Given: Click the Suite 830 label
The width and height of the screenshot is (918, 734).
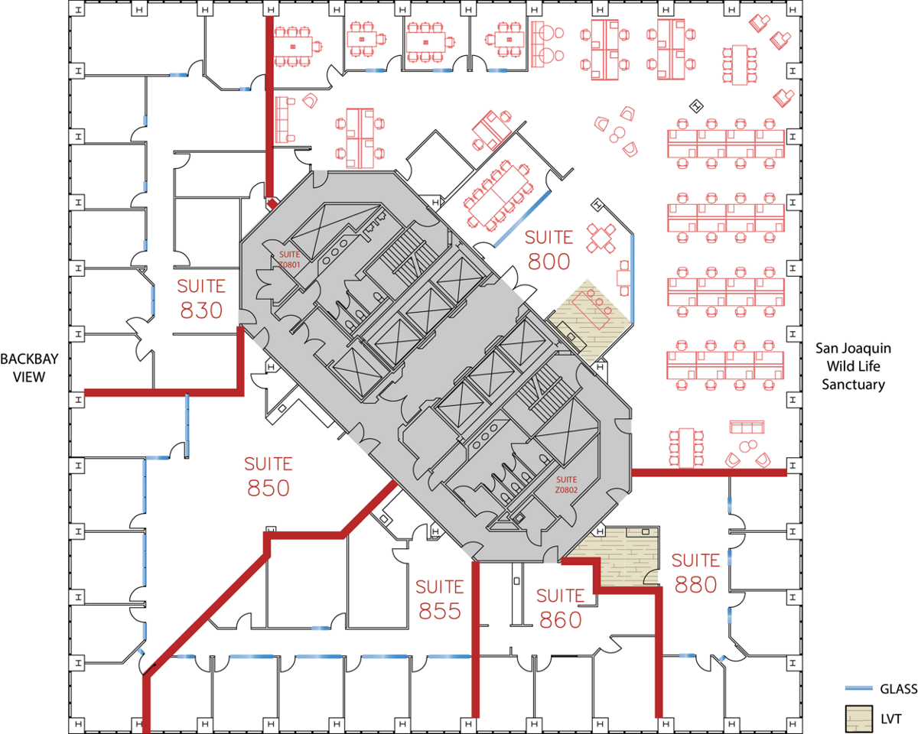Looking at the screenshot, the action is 201,298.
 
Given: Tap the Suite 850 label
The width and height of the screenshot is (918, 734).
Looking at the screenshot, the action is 269,476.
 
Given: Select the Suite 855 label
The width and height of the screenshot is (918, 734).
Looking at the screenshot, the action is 440,599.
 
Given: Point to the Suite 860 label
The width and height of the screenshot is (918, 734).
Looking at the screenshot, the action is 560,608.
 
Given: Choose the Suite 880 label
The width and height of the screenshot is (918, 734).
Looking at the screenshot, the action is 695,573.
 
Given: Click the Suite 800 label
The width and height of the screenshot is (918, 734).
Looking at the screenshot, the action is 549,250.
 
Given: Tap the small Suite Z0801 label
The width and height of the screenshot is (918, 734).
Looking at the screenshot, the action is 290,259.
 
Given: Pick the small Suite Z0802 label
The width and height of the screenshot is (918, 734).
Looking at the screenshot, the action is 567,485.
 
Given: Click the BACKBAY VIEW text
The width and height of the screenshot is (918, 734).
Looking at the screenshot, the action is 29,368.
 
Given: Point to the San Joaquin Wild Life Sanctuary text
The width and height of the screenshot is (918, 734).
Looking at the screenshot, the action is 853,366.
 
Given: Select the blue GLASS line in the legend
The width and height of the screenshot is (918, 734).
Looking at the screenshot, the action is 858,688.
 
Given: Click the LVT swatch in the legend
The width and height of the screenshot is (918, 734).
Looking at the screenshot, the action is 858,719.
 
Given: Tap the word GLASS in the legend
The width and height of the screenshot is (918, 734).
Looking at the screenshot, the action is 898,688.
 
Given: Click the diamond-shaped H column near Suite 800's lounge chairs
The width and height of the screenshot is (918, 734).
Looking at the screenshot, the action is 696,106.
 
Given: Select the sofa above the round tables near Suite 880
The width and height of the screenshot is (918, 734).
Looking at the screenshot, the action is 747,427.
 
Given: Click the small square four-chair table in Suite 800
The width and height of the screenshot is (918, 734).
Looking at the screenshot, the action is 601,239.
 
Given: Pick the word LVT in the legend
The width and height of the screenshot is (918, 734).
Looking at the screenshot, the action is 891,719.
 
